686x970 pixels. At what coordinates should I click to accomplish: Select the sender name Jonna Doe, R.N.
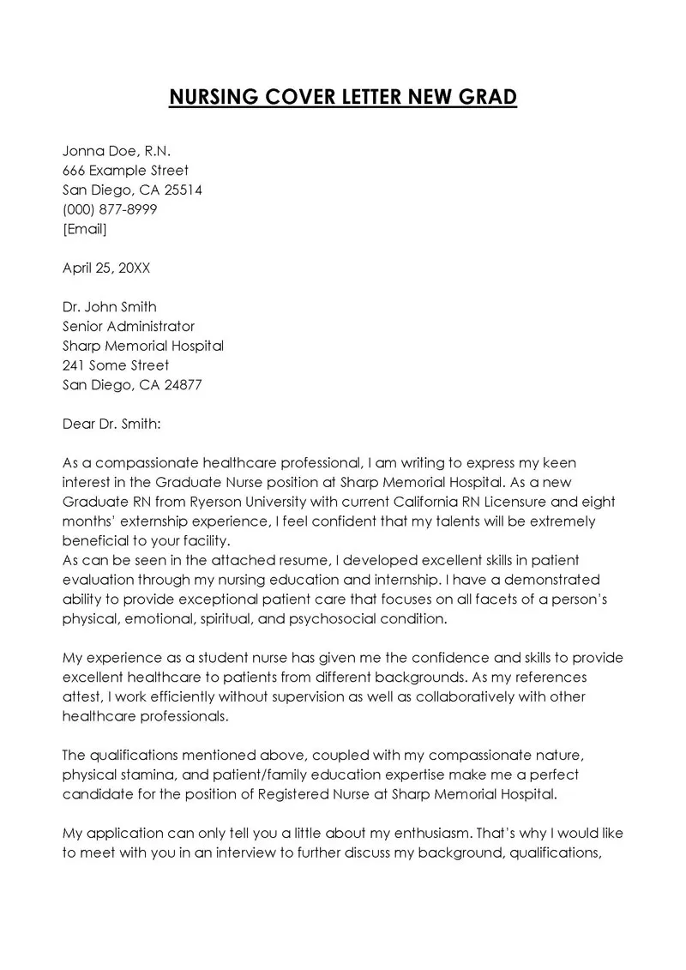(x=117, y=151)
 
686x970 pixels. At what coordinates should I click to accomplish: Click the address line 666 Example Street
(x=125, y=171)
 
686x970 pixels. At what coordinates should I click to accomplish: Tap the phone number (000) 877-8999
(x=110, y=209)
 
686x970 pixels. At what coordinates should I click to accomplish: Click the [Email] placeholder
(x=85, y=229)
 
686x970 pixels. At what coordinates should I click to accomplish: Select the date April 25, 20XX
(x=106, y=268)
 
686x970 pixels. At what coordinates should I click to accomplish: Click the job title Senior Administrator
(x=129, y=326)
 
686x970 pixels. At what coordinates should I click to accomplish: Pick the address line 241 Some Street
(x=116, y=365)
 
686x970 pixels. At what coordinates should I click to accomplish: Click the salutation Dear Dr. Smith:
(x=111, y=424)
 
